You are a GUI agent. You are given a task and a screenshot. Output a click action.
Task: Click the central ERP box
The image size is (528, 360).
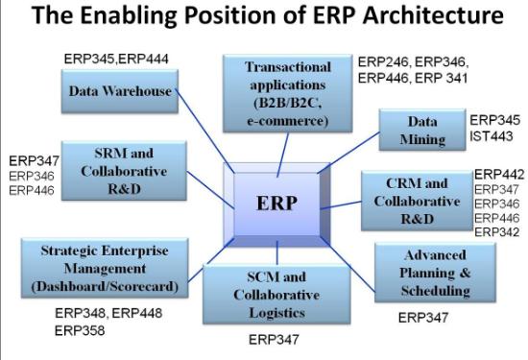276,204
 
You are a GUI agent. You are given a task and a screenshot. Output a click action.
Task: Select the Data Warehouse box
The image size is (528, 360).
120,91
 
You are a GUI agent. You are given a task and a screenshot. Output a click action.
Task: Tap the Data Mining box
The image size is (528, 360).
422,130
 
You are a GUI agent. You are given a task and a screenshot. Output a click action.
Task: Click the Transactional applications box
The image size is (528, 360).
288,93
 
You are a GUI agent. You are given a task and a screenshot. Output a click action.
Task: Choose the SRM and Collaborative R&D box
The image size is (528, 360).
124,171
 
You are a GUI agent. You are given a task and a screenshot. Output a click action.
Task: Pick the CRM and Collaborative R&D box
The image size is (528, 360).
417,201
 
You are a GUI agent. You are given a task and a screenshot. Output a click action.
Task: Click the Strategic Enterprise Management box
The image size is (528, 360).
105,268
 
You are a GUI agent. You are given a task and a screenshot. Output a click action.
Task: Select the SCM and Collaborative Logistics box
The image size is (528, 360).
276,295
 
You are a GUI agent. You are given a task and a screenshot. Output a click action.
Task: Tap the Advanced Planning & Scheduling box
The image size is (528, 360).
435,273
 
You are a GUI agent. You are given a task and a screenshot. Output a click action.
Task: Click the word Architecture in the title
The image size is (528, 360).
433,14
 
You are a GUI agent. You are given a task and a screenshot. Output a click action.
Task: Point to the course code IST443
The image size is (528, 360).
492,136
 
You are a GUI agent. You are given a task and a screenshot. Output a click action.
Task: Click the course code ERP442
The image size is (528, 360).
499,175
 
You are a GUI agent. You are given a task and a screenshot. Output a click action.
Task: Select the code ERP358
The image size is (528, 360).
80,330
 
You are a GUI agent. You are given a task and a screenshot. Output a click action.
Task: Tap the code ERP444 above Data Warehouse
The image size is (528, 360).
144,60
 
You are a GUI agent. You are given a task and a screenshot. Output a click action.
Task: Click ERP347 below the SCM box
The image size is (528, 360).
274,340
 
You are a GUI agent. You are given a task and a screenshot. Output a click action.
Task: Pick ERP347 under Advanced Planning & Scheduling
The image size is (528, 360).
423,318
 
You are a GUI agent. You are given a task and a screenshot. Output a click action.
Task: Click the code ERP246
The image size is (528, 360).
383,62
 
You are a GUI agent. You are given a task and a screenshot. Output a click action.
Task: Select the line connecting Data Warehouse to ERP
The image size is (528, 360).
204,131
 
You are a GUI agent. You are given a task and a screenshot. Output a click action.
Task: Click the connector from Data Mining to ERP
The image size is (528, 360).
348,153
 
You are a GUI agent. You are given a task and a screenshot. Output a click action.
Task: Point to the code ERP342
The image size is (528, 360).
497,232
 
